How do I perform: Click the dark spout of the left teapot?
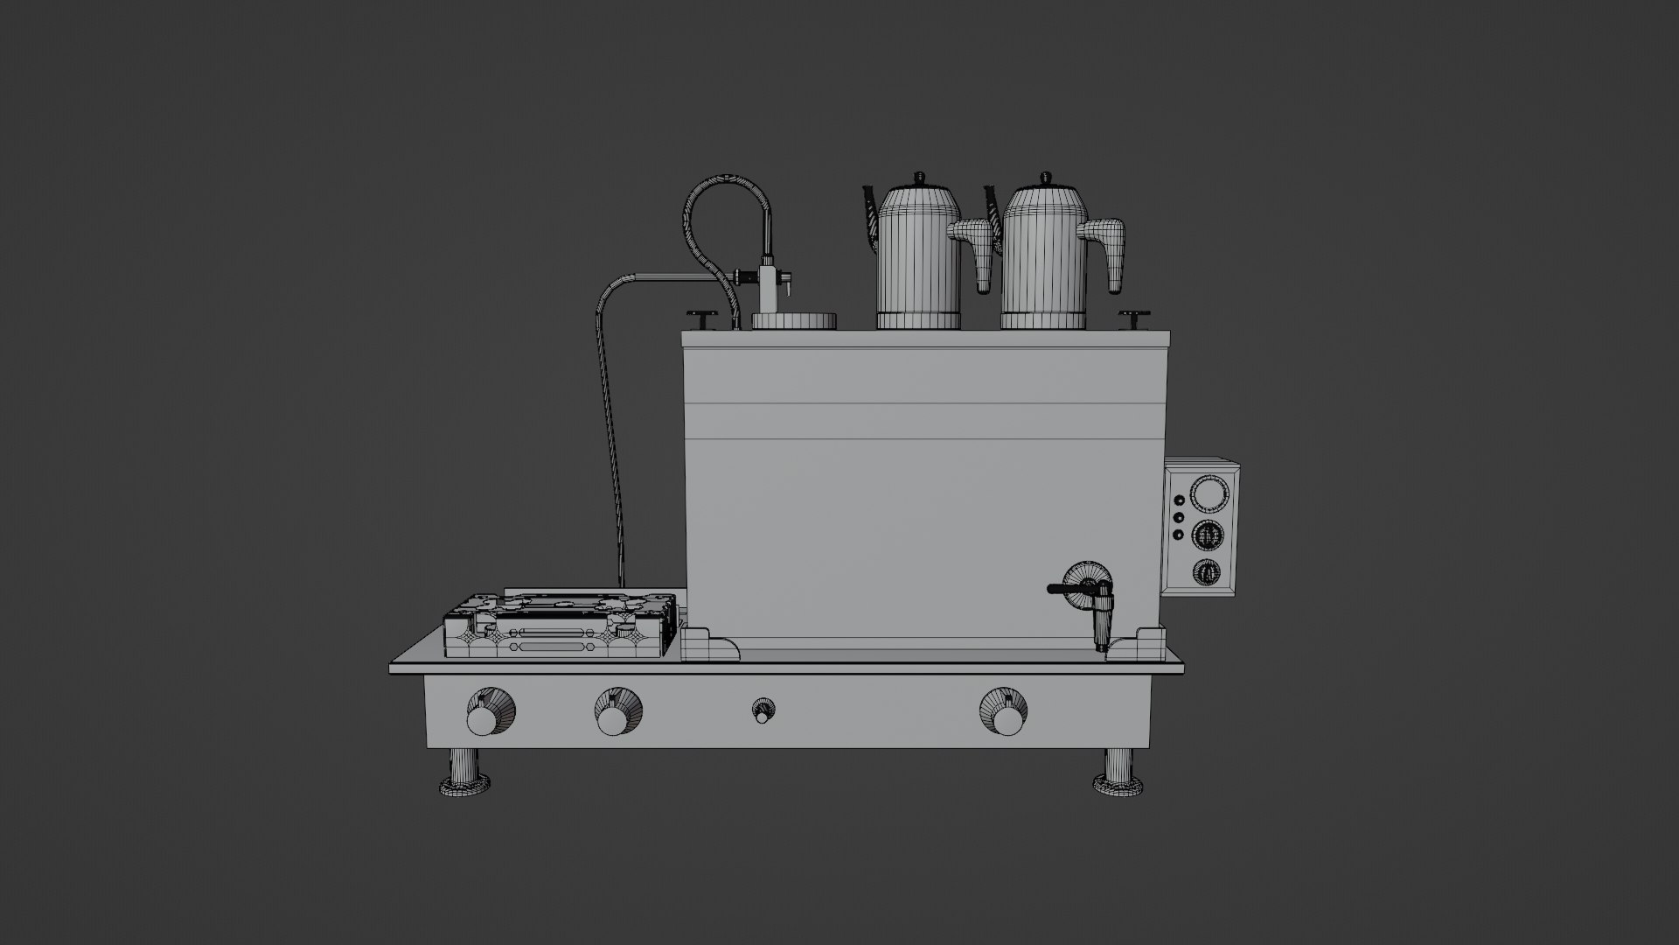pyautogui.click(x=871, y=214)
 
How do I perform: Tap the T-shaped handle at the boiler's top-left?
pyautogui.click(x=702, y=316)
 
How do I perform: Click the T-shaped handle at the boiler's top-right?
pyautogui.click(x=1134, y=316)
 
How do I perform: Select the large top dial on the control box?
pyautogui.click(x=1209, y=495)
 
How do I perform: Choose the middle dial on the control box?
pyautogui.click(x=1209, y=534)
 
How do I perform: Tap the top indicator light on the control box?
pyautogui.click(x=1179, y=500)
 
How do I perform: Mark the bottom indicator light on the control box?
pyautogui.click(x=1178, y=535)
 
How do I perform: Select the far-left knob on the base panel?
pyautogui.click(x=482, y=717)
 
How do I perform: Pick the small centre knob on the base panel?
pyautogui.click(x=763, y=711)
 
